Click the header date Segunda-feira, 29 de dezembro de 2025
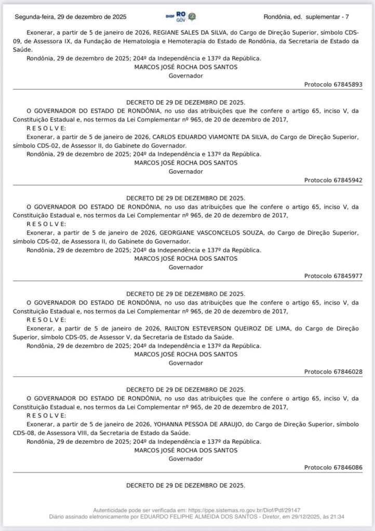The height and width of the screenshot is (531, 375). tap(71, 17)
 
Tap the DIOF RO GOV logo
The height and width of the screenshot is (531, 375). tap(179, 17)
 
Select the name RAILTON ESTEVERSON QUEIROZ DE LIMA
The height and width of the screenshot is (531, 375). tap(222, 329)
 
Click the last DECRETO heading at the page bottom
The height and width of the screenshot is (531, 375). tap(185, 486)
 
